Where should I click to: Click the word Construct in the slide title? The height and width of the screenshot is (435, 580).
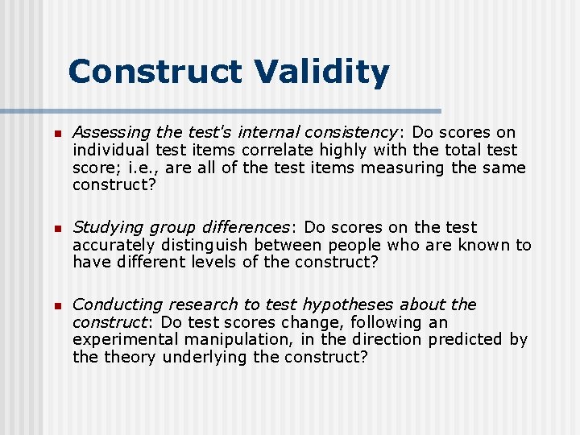pos(155,72)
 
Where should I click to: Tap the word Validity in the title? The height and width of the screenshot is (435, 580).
pos(321,72)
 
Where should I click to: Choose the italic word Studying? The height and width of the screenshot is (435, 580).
pos(104,227)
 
